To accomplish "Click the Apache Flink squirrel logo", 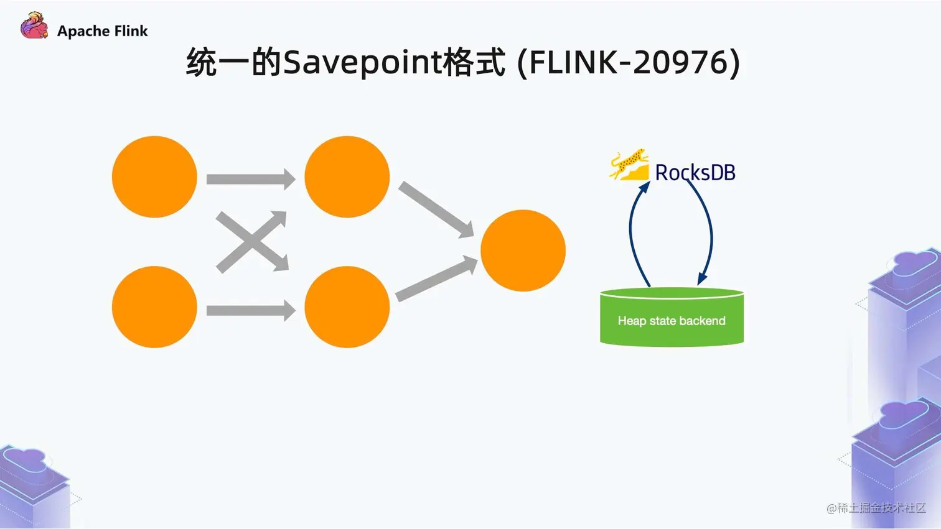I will point(34,26).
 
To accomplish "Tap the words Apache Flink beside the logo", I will point(102,31).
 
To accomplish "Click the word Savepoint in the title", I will point(362,62).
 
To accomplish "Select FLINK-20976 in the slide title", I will point(629,62).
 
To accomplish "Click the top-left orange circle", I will point(154,177).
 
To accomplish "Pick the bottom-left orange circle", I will point(154,307).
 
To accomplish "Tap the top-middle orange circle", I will point(347,177).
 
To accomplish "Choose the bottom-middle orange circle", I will point(347,307).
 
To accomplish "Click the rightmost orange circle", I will point(523,251).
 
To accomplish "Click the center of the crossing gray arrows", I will point(251,241).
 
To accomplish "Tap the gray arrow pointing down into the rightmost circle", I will point(436,209).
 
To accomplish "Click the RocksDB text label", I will point(695,172).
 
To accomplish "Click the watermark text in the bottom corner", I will point(876,508).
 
